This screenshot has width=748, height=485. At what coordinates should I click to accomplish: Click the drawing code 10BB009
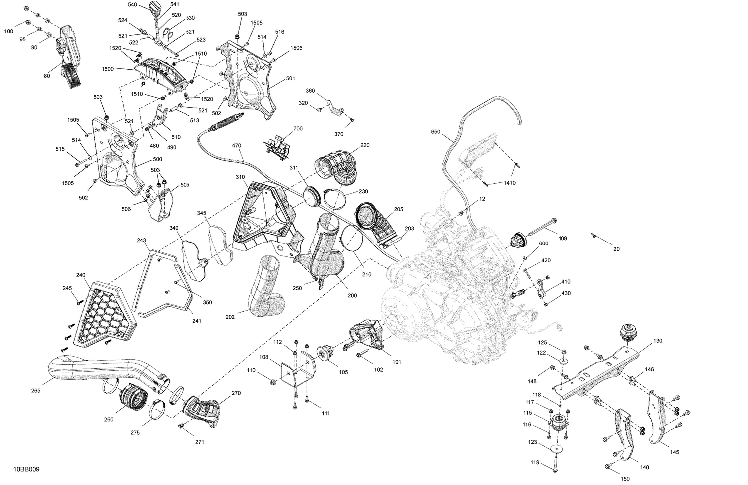click(28, 470)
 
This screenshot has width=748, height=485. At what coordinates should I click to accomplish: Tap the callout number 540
click(132, 4)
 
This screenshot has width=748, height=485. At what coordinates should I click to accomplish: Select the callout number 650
click(436, 132)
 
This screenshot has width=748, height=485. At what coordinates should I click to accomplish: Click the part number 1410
click(509, 183)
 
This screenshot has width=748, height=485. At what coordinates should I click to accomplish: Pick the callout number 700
click(298, 129)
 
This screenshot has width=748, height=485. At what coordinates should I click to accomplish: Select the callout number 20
click(616, 249)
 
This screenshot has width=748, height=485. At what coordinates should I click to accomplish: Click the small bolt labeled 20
click(594, 235)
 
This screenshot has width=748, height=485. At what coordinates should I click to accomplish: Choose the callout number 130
click(658, 341)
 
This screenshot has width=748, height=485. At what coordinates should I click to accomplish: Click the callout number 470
click(236, 146)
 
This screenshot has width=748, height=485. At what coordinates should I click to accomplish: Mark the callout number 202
click(230, 316)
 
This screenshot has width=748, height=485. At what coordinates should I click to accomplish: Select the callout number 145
click(674, 452)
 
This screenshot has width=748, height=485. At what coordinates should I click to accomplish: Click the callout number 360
click(310, 91)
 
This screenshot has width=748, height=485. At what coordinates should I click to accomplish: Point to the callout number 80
click(47, 76)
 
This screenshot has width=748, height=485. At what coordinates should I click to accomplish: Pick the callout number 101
click(396, 362)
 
